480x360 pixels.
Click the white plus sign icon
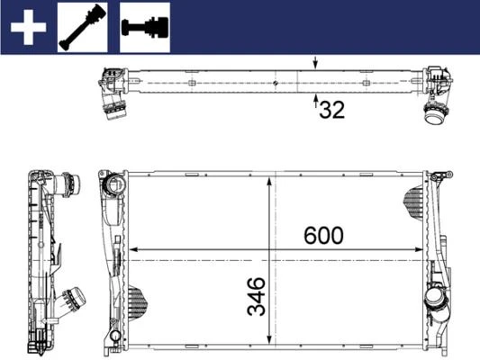(x=27, y=27)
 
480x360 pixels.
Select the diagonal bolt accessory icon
(x=83, y=27)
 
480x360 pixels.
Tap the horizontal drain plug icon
(x=144, y=27)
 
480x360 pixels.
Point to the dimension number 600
(x=322, y=236)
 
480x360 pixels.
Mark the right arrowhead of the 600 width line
(x=423, y=249)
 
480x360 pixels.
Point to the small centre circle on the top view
(x=274, y=83)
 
